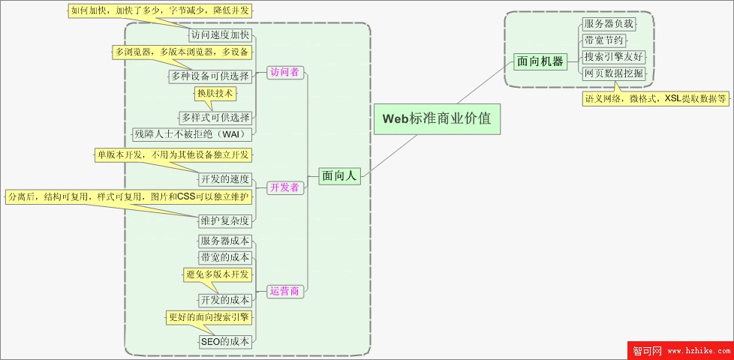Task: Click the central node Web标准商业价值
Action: (437, 118)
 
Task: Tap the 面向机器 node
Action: (540, 61)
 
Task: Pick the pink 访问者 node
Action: (284, 72)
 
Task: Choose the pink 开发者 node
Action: (284, 187)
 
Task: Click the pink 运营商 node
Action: (284, 291)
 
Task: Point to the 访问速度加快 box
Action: (220, 34)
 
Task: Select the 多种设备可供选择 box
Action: (209, 76)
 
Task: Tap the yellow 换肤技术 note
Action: (215, 94)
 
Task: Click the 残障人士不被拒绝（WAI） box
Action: (191, 134)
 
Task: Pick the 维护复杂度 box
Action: (224, 220)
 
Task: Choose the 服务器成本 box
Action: (224, 241)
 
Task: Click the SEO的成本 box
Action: (224, 341)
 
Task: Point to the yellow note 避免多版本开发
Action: (218, 274)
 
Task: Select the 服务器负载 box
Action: (609, 24)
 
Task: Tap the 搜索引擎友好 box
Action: (613, 57)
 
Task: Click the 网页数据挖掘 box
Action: (613, 73)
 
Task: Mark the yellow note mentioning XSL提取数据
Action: (656, 98)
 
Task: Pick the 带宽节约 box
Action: (603, 40)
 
